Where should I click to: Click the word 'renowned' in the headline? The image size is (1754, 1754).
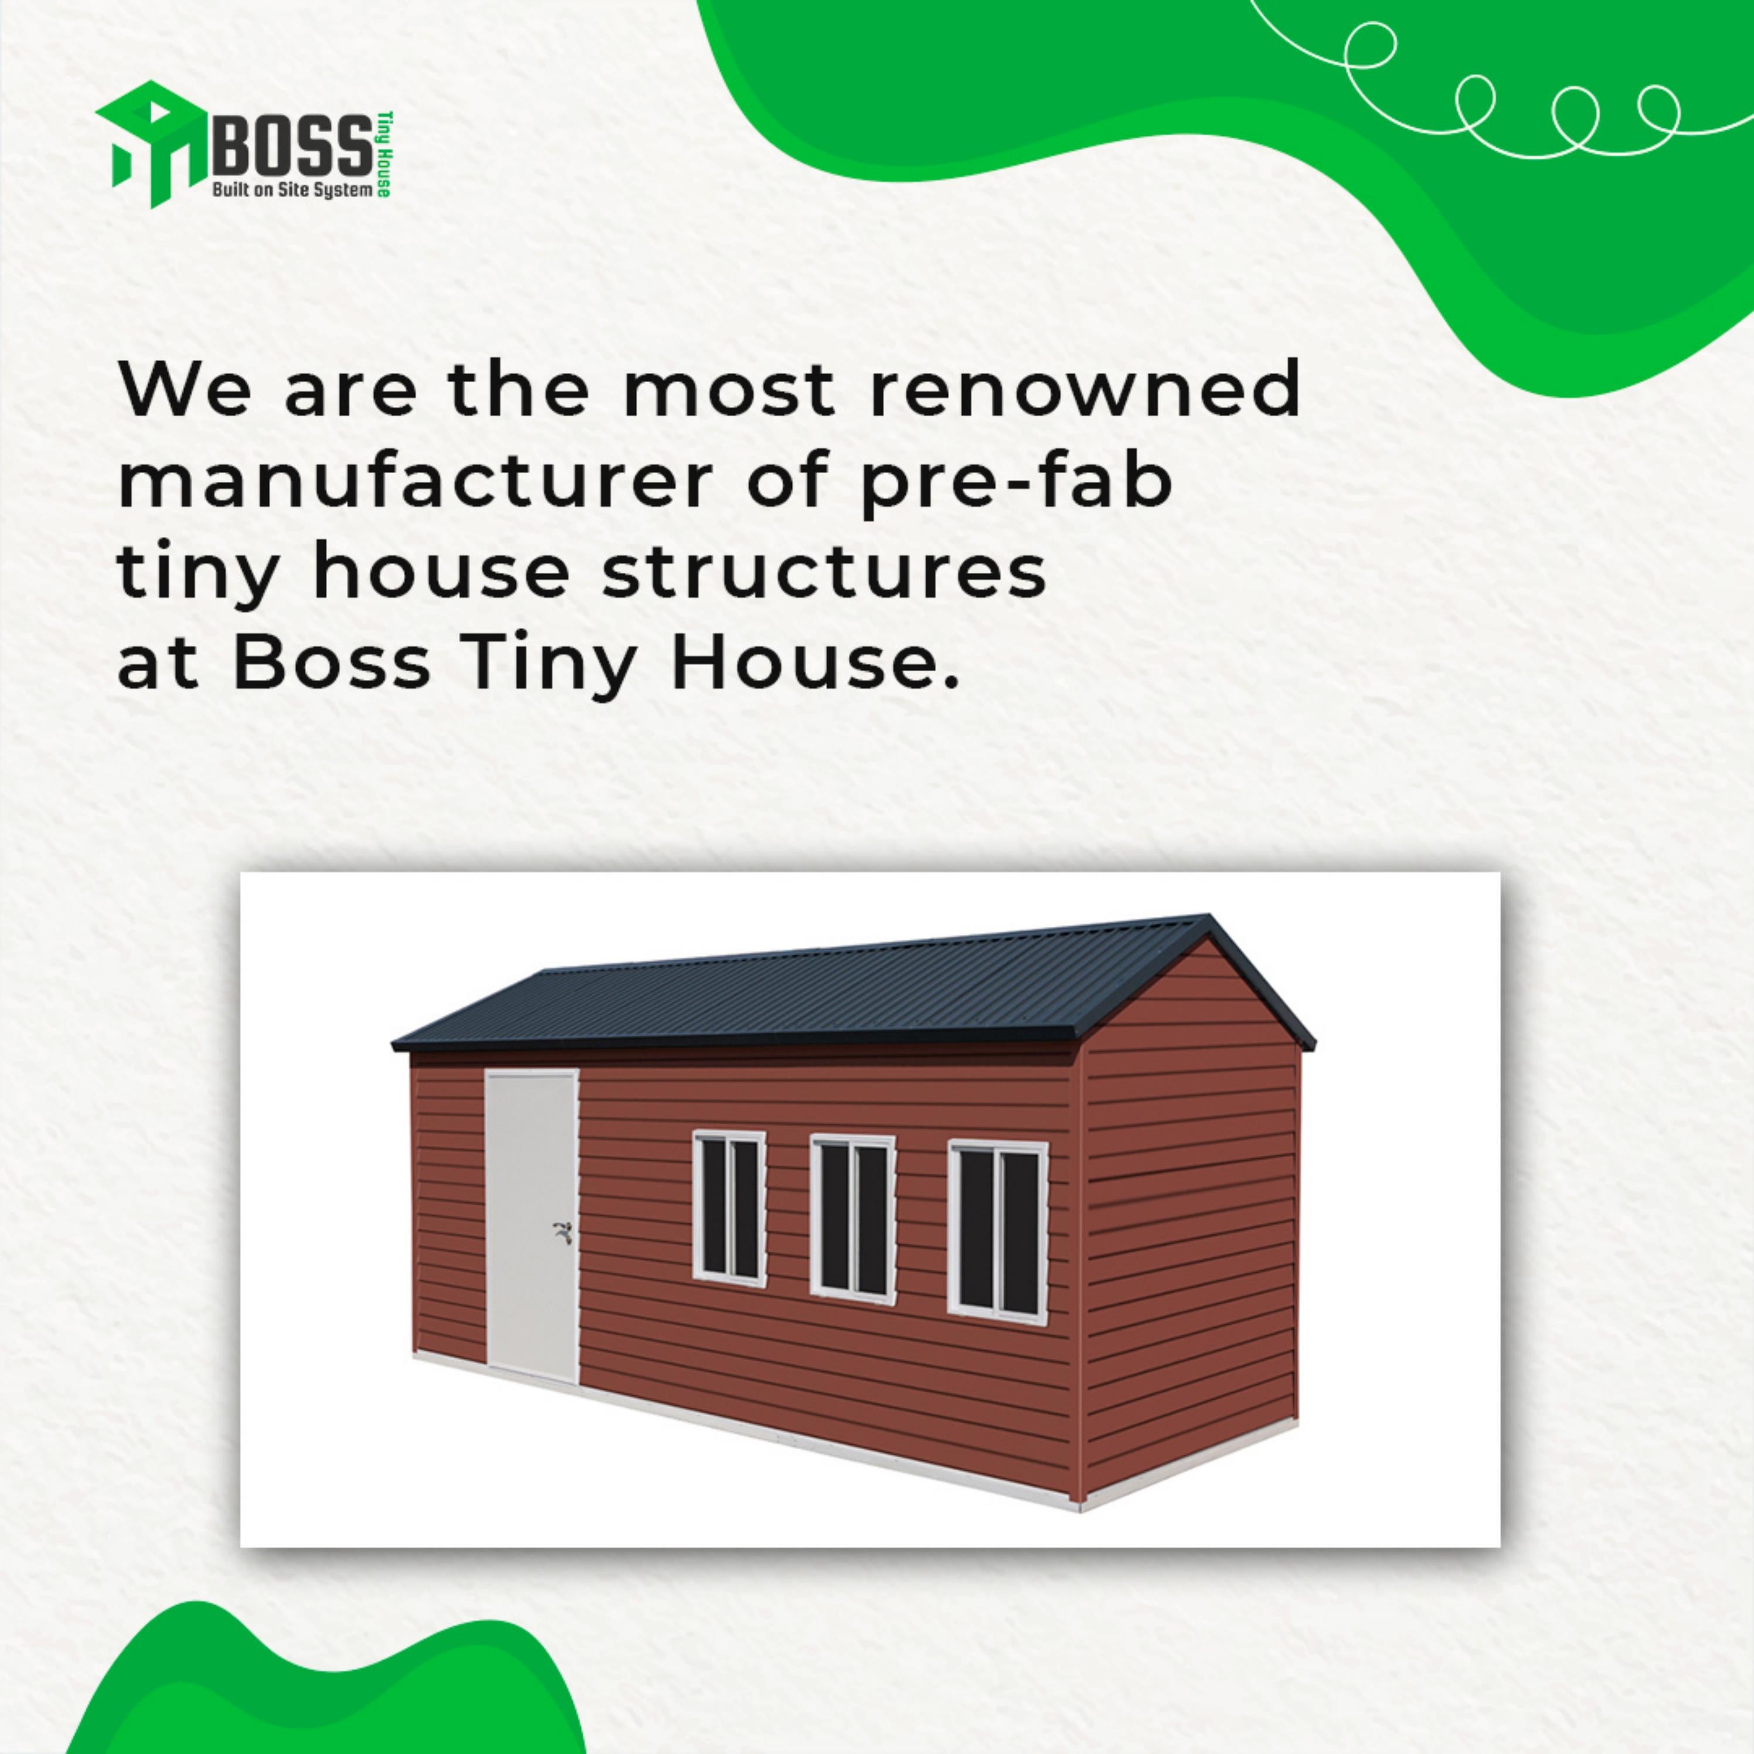(1085, 389)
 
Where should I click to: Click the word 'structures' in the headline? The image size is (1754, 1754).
(824, 574)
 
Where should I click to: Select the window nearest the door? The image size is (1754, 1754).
(729, 1206)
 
